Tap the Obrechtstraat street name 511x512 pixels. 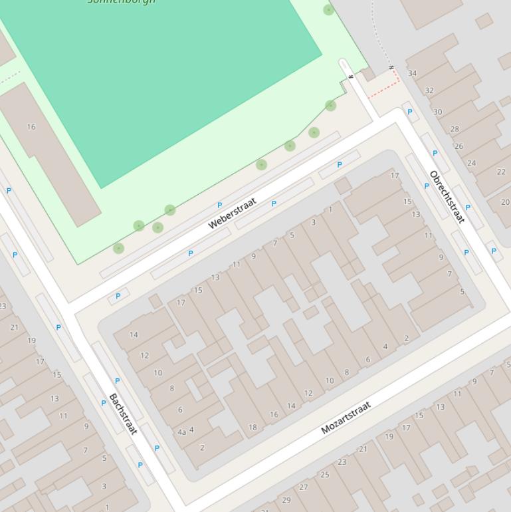coord(447,197)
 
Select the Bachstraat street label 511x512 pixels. coord(123,414)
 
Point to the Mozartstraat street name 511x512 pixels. coord(346,418)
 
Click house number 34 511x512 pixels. coord(412,73)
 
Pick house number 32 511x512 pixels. coord(429,90)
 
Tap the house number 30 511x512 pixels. coord(437,112)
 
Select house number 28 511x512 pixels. coord(455,129)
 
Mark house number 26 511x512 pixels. coord(459,146)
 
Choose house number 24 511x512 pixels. coord(471,163)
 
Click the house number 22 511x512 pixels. coord(501,172)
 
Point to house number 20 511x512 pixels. coord(505,202)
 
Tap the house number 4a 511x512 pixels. coord(181,432)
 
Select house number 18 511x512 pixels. coord(253,427)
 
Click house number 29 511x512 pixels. coord(286,500)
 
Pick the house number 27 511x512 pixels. coord(304,487)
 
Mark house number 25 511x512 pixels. coord(325,474)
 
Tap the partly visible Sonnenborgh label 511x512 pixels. coord(122,2)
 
